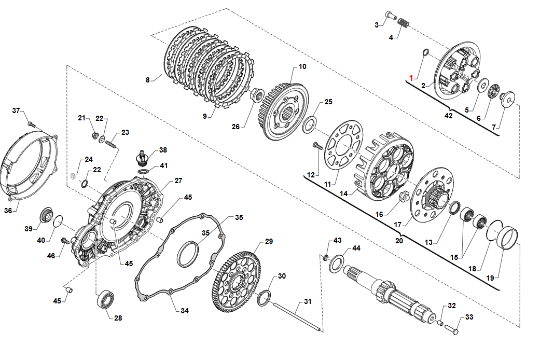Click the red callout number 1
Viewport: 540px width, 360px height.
(x=411, y=78)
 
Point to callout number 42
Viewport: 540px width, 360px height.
(x=448, y=116)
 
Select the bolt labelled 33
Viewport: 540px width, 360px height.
(x=452, y=327)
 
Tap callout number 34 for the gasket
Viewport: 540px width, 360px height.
(x=185, y=311)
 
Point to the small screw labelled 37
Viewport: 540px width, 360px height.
(x=31, y=124)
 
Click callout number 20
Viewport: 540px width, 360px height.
(x=399, y=240)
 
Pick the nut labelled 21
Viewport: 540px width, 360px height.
(x=94, y=136)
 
